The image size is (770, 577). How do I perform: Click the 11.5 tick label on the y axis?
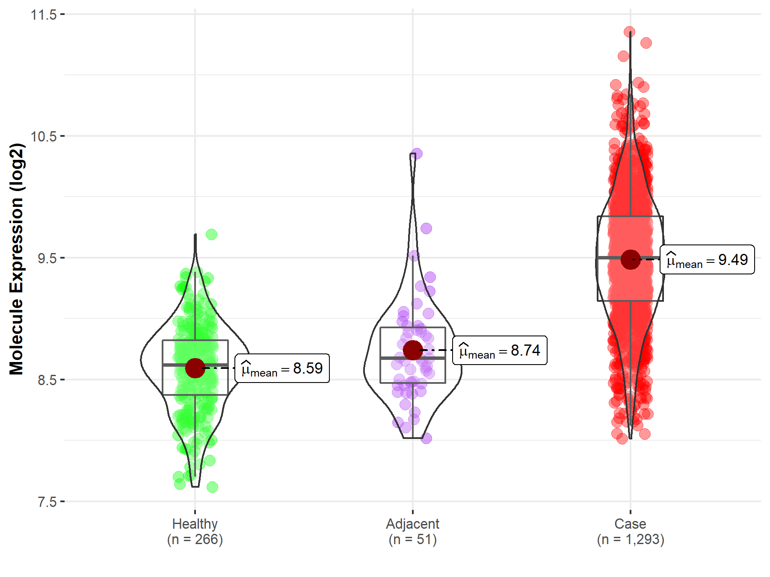44,15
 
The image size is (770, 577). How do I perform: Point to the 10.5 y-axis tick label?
44,136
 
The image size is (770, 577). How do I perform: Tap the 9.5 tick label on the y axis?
47,258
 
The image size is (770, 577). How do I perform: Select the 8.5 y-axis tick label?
47,380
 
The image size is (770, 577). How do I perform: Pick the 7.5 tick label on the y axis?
47,502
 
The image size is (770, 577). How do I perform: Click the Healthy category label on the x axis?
195,524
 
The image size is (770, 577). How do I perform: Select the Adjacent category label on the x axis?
412,524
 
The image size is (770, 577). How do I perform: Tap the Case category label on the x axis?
630,524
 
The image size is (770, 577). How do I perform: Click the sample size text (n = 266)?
195,539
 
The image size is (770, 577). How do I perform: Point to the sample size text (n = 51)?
412,539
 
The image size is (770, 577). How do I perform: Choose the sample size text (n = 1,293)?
631,539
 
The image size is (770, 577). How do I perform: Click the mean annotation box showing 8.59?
282,368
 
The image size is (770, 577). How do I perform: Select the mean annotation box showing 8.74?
500,350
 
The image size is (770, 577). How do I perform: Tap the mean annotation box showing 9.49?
707,259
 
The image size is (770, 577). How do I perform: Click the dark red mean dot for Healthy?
195,368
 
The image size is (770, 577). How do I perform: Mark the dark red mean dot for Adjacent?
412,350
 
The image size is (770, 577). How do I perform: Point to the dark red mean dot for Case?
630,259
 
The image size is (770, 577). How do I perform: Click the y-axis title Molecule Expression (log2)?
16,259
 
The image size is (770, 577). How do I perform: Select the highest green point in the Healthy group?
211,234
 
